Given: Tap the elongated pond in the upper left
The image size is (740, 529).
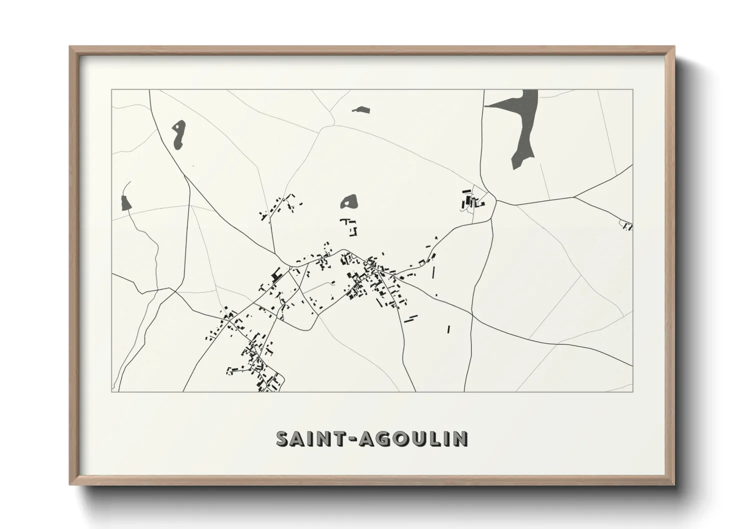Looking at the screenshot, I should (177, 134).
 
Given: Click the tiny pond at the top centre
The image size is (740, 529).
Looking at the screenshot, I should (360, 109).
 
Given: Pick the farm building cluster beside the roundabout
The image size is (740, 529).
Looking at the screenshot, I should (471, 200).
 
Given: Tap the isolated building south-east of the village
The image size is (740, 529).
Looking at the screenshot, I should (448, 329).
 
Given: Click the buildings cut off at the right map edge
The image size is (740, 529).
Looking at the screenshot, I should (627, 226).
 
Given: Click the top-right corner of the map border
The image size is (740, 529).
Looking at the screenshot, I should (632, 90).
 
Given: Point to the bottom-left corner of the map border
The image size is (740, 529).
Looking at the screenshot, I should (112, 391).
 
